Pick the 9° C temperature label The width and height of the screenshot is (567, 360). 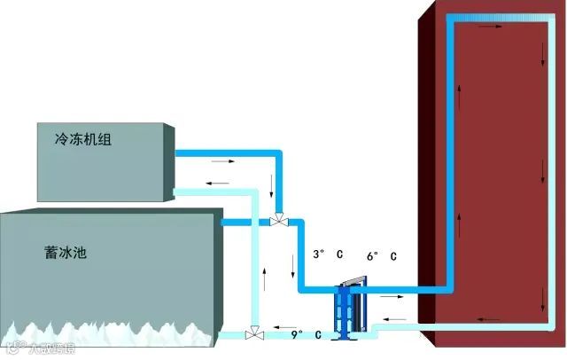[305, 335]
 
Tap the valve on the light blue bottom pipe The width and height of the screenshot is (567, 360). [255, 334]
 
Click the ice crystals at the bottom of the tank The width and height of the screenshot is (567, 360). [106, 333]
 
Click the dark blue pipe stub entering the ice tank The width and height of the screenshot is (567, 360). [235, 222]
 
